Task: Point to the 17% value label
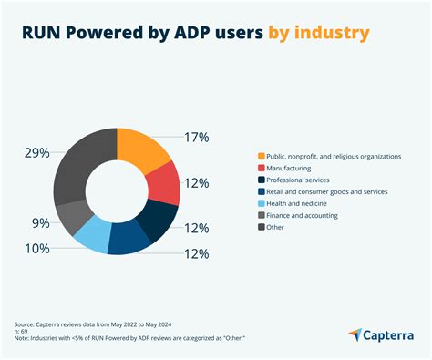[x=196, y=138]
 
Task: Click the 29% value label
[x=37, y=153]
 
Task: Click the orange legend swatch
[x=262, y=156]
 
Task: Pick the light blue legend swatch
[x=262, y=203]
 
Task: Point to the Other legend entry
[x=277, y=227]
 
